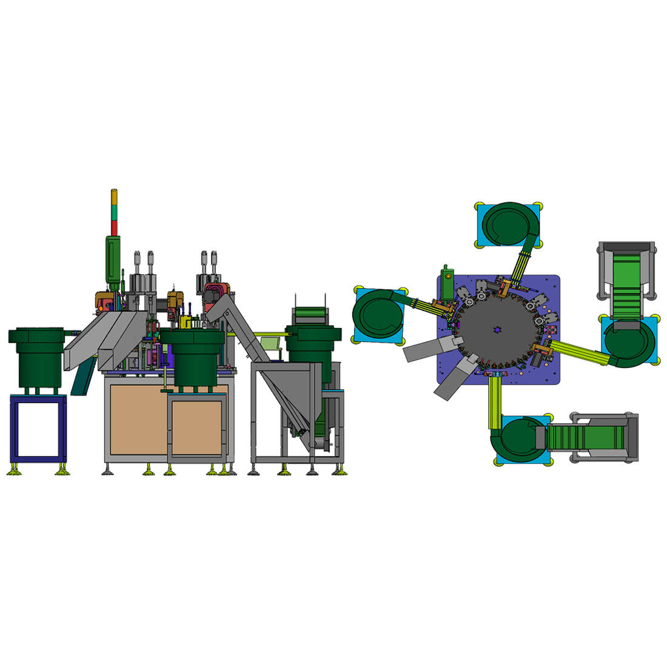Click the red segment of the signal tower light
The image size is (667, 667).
click(113, 227)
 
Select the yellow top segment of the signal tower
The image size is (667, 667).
click(113, 198)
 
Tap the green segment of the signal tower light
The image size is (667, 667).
click(113, 212)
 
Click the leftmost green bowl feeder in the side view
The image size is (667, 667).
click(37, 358)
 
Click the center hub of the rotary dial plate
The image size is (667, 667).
click(497, 329)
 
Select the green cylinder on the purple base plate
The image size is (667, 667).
click(447, 283)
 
